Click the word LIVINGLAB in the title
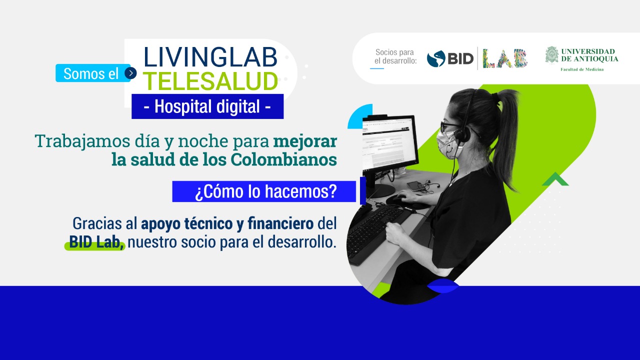click(210, 57)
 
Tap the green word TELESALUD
click(210, 81)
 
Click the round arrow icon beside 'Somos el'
click(130, 73)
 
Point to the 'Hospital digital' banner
click(207, 106)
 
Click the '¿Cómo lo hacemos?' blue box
click(264, 191)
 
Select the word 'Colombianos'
click(283, 159)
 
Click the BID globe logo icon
click(436, 59)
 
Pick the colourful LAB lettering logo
click(505, 58)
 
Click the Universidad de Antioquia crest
click(551, 54)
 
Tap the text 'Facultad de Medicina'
click(582, 69)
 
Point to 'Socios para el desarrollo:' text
click(394, 56)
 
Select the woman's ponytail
click(505, 137)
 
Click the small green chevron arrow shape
click(555, 179)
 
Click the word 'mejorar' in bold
click(305, 141)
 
